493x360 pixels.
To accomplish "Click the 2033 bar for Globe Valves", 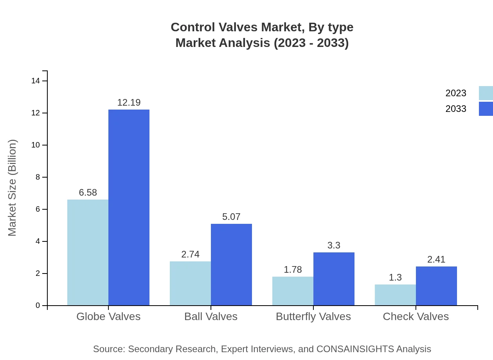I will [x=129, y=207].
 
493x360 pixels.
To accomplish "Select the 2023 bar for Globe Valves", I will [x=88, y=252].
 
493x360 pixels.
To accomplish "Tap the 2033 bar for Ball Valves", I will [x=231, y=265].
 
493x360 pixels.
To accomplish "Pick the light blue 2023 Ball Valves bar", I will [x=190, y=283].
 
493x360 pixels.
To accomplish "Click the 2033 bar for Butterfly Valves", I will [x=334, y=279].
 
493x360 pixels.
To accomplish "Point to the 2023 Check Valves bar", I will [x=395, y=295].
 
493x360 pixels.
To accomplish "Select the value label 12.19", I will [x=129, y=103].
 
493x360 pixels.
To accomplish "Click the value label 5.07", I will [x=231, y=217].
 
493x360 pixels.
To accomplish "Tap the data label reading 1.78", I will [x=293, y=270].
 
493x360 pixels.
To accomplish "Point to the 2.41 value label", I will [x=436, y=259].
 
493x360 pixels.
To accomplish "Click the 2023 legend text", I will [x=456, y=93].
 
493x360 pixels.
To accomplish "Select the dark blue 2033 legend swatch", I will [x=486, y=109].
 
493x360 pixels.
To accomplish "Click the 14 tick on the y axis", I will [x=36, y=81].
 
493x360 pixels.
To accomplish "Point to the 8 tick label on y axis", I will [x=38, y=177].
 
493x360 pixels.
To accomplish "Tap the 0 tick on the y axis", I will [x=38, y=306].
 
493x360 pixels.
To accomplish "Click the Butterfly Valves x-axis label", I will [x=313, y=316].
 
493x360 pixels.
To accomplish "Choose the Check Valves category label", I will [x=416, y=316].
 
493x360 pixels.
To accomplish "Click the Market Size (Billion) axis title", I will [x=13, y=188].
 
